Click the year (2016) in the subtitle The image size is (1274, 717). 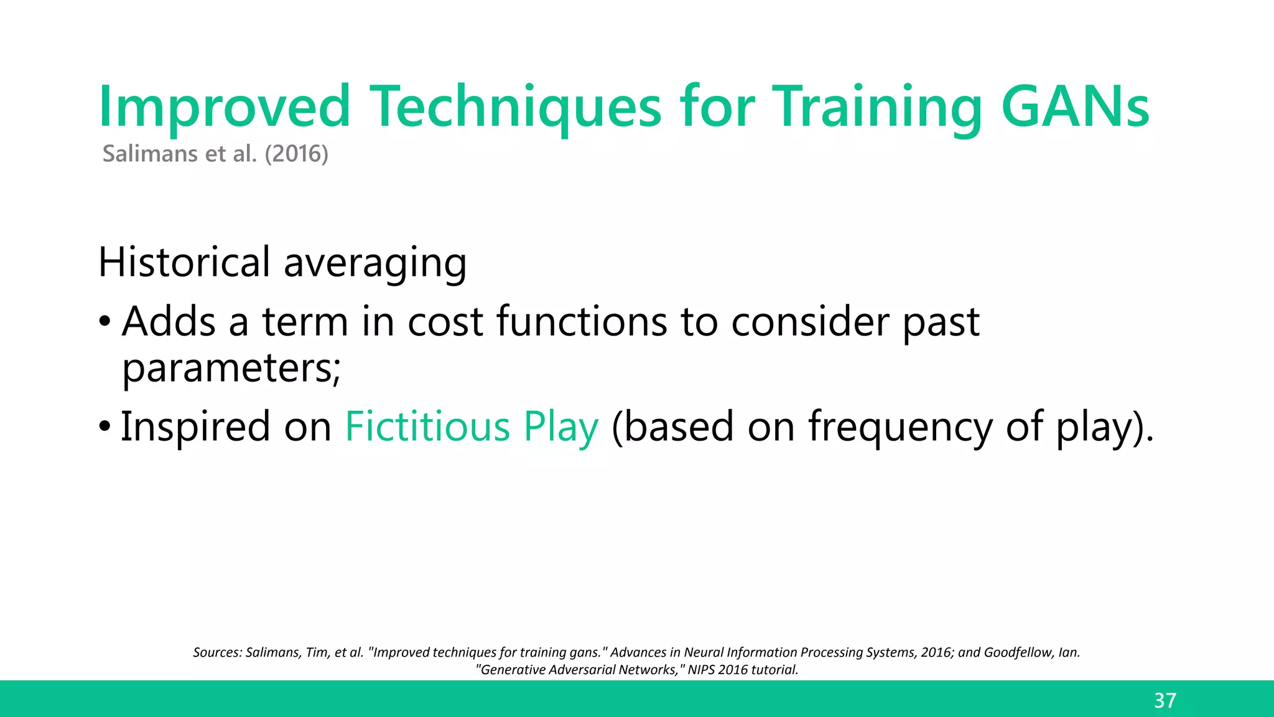296,154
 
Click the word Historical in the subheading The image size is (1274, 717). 184,262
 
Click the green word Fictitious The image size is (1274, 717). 427,427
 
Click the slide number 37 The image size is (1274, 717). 1165,701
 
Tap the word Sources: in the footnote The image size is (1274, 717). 216,652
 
